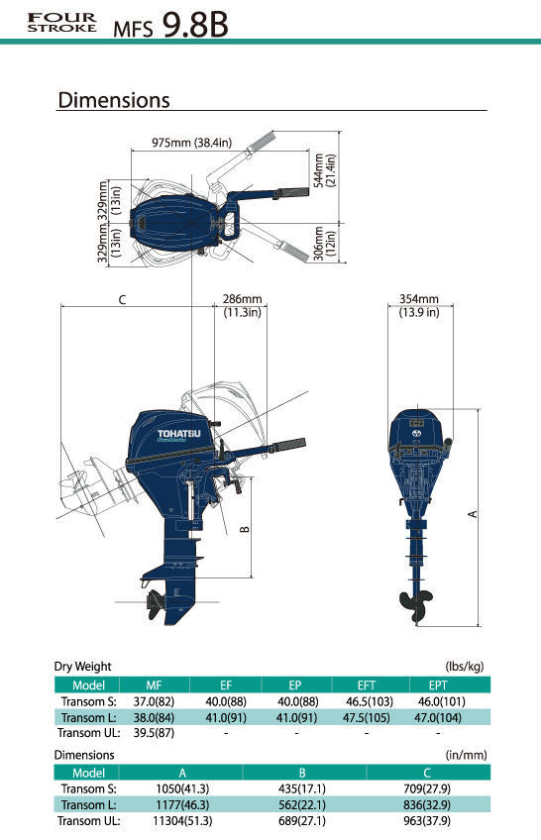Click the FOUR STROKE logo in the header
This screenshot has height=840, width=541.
point(62,23)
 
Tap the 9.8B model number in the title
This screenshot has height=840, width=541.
point(195,25)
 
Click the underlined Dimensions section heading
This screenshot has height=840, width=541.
point(114,100)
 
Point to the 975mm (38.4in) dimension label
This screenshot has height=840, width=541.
point(192,143)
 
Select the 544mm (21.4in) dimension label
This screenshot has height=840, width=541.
point(325,170)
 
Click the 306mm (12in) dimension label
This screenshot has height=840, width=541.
point(325,244)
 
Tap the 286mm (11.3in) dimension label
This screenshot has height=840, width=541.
point(242,305)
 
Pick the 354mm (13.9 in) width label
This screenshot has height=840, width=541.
point(419,305)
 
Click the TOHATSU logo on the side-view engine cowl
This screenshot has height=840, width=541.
point(179,434)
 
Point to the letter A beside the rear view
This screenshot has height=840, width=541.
point(473,514)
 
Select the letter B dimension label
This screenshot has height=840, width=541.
point(245,529)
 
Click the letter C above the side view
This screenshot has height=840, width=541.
point(122,300)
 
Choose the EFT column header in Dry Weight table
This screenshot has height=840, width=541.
point(367,685)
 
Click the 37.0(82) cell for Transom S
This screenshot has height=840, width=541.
point(154,701)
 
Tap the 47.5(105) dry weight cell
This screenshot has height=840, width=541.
point(367,717)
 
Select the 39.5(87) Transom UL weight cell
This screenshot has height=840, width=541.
point(154,732)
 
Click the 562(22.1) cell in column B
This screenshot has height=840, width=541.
point(302,804)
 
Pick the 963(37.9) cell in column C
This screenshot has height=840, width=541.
point(427,820)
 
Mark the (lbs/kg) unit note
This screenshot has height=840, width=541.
point(465,667)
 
